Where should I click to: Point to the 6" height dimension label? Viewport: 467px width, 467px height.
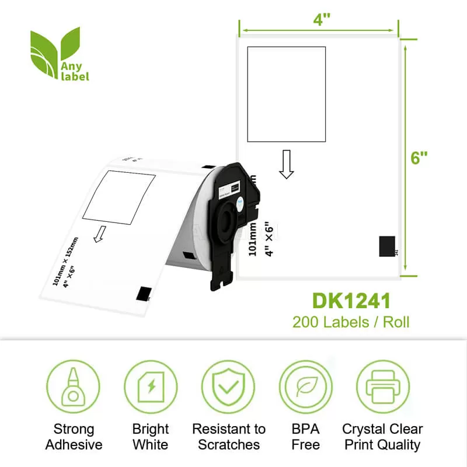coord(420,157)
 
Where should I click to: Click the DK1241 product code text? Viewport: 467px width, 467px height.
coord(351,301)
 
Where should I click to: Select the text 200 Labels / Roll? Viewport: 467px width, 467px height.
coord(351,321)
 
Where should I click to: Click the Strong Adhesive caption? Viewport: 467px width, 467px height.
coord(74,437)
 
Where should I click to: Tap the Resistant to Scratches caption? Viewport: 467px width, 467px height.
coord(228,437)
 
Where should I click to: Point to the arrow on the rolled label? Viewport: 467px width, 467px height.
coord(100,233)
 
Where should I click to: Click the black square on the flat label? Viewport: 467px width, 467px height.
coord(387,246)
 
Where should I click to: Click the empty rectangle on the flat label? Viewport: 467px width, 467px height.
coord(286,94)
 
